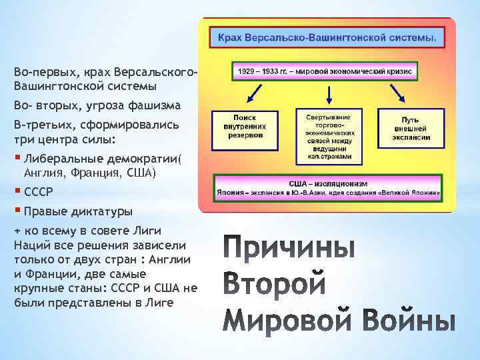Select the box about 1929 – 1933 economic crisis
pyautogui.click(x=325, y=71)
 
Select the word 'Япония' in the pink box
pyautogui.click(x=230, y=192)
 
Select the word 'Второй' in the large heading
pyautogui.click(x=274, y=285)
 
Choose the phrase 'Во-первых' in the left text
pyautogui.click(x=42, y=71)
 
